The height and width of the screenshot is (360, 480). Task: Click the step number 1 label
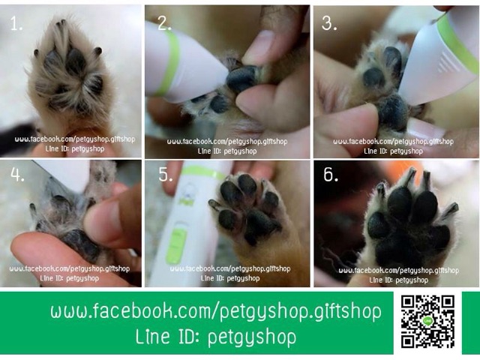(16, 23)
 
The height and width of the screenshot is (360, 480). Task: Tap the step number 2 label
(164, 23)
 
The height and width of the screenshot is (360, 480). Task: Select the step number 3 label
(329, 23)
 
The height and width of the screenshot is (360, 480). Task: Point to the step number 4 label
(17, 175)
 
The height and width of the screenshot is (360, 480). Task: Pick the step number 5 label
(166, 175)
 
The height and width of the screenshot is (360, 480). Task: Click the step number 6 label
(331, 175)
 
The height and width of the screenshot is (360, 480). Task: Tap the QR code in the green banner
(427, 322)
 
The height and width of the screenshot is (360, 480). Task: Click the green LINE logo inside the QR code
(427, 321)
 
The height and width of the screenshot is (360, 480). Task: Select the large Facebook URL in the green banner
(216, 311)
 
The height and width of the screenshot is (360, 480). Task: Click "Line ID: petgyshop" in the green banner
(216, 337)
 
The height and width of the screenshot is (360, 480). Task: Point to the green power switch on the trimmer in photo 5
(177, 246)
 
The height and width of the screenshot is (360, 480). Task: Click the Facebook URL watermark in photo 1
(75, 139)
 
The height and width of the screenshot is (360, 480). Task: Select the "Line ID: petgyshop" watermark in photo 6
(398, 280)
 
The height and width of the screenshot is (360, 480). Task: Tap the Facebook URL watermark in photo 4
(70, 268)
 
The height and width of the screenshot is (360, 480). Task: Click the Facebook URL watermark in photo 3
(393, 142)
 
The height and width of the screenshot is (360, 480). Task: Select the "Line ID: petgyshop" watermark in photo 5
(230, 278)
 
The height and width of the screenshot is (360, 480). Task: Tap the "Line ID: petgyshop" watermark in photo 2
(227, 151)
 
